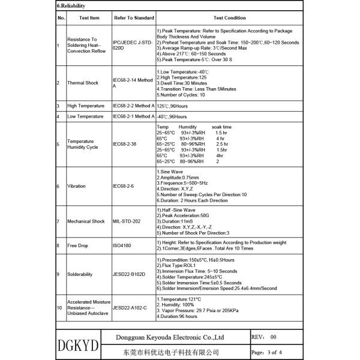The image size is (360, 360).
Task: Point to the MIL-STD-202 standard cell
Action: pos(128,221)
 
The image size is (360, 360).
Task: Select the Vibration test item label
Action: pos(77,186)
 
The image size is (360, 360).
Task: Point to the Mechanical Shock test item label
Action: pos(86,221)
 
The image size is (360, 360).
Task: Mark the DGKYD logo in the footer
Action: pos(77,346)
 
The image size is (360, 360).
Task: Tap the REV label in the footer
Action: pos(257,337)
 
